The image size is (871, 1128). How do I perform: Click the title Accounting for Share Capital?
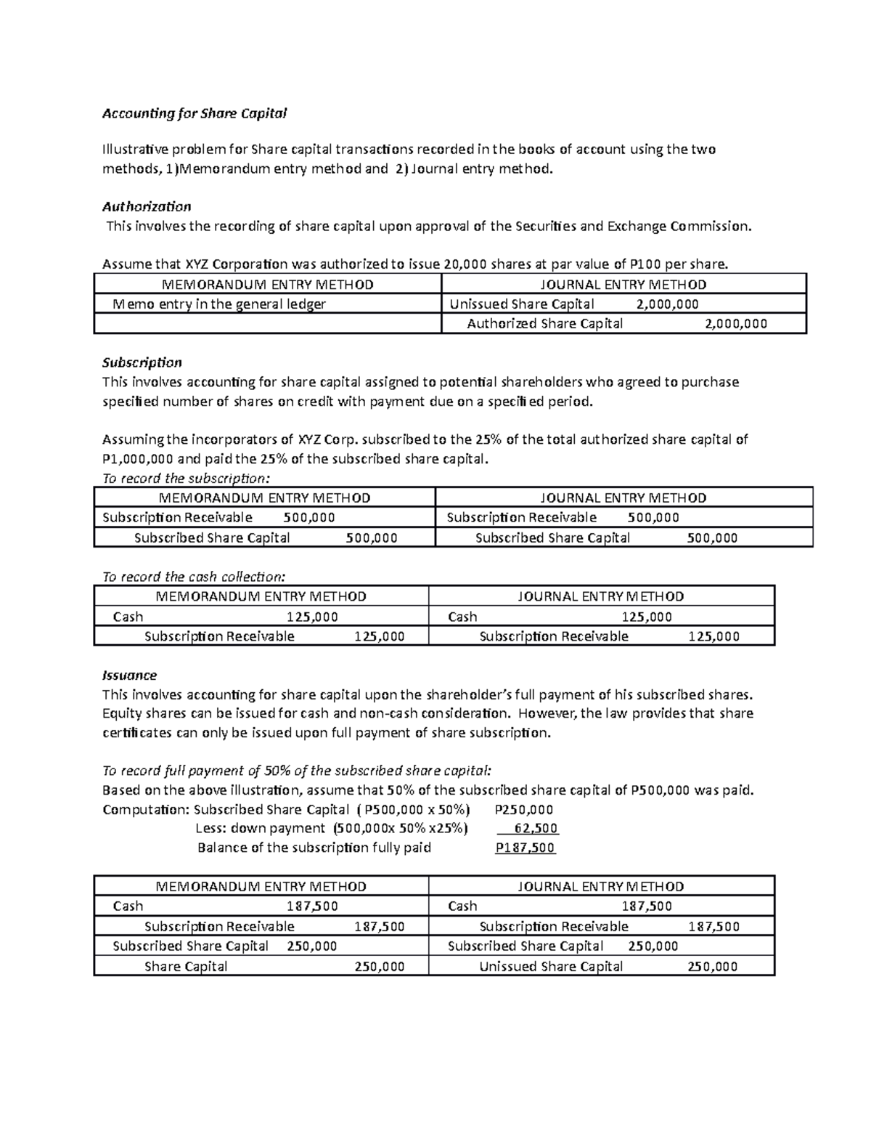coord(195,113)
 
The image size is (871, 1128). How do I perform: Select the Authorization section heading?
coord(147,206)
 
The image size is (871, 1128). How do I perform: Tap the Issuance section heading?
coord(129,675)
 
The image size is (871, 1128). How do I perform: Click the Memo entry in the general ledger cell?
coord(220,304)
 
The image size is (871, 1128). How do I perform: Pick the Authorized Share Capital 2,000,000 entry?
coord(616,324)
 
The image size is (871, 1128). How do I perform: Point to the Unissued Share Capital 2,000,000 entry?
coord(574,304)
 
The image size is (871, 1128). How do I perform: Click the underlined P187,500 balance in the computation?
coord(525,848)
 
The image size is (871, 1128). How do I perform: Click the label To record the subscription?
coord(186,478)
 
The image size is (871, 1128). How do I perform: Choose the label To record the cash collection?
coord(194,577)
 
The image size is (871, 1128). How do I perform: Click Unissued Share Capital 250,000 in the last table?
coord(608,967)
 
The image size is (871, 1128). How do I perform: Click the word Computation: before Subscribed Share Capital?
coord(146,810)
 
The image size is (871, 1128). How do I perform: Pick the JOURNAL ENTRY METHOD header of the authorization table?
coord(623,285)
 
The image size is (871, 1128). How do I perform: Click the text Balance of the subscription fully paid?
coord(314,848)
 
